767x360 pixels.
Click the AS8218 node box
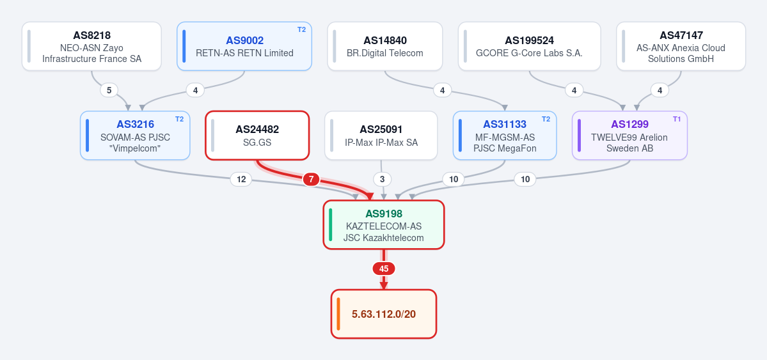(91, 46)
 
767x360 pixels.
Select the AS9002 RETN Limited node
(244, 46)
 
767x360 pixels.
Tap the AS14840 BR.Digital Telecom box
(385, 46)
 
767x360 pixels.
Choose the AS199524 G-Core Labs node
(529, 46)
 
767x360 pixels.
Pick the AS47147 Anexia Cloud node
(681, 46)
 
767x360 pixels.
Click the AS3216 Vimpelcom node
(135, 136)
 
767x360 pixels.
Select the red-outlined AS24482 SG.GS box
(257, 136)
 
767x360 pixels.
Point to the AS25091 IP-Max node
(381, 136)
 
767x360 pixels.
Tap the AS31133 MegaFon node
(505, 136)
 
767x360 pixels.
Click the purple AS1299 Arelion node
(629, 136)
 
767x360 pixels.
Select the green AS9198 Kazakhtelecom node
(384, 225)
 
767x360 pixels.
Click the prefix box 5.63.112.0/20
(384, 314)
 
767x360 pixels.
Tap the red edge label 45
(384, 269)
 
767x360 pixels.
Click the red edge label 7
(311, 180)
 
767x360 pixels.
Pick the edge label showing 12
(241, 180)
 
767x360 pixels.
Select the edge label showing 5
(109, 90)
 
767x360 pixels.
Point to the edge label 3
(383, 180)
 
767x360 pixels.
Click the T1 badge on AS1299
(677, 119)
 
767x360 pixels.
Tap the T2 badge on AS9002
(301, 29)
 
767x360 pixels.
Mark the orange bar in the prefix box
(338, 314)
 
